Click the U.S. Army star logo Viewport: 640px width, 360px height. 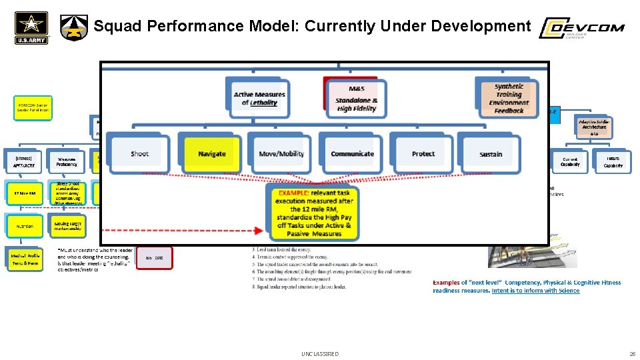(31, 28)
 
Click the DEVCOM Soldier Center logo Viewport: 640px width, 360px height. (581, 28)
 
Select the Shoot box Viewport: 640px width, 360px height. (139, 153)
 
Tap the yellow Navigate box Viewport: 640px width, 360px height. (211, 153)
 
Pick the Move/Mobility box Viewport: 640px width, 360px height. (282, 153)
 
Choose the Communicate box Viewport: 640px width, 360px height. (352, 153)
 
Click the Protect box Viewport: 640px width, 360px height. (423, 153)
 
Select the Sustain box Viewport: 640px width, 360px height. (491, 153)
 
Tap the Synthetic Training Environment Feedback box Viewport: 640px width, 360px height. (509, 98)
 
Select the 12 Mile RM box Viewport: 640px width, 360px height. (25, 193)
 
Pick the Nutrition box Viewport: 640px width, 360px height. (25, 226)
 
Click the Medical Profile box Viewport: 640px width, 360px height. (25, 259)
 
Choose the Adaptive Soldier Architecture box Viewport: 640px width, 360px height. (593, 126)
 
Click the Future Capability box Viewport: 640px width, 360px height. (612, 162)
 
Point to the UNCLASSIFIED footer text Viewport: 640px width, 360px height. (320, 354)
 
